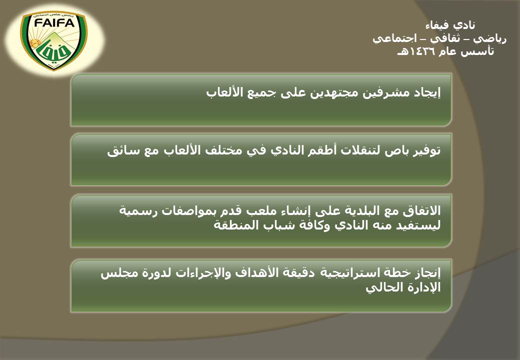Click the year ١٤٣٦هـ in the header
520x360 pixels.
point(414,51)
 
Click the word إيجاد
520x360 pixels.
point(425,92)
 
